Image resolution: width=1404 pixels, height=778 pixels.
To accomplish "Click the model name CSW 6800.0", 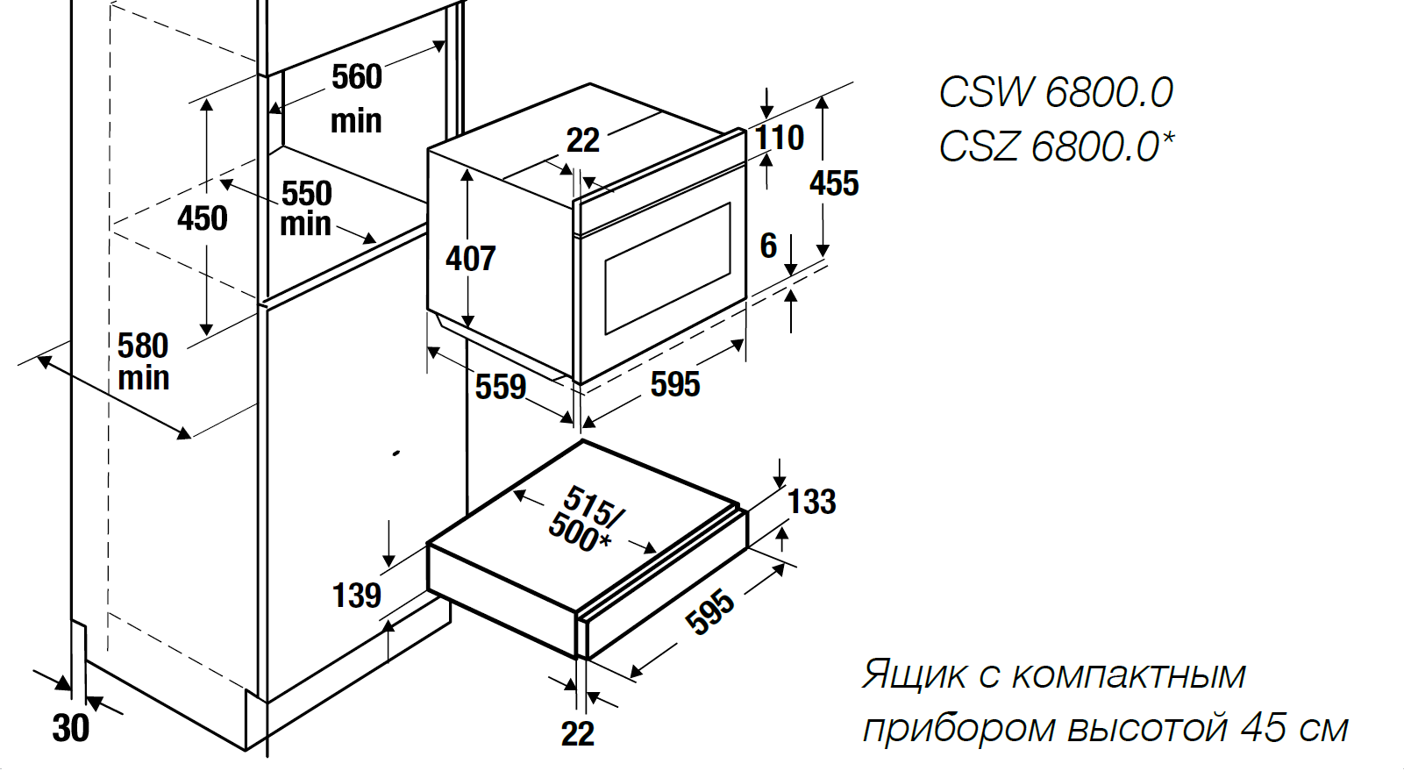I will pos(1055,92).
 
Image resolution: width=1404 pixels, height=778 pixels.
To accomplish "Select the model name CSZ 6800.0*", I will pos(1055,146).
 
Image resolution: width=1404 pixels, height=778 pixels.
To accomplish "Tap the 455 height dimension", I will pos(834,183).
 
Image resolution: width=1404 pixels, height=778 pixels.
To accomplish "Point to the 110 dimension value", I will pos(780,138).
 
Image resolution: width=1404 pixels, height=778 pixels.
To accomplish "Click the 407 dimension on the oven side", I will pos(471,258).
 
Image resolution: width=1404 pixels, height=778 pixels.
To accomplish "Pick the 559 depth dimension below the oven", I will pos(501,387).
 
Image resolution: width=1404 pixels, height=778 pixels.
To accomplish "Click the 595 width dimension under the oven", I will pos(675,384).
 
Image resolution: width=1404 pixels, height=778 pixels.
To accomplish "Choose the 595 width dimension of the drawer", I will pos(709,611).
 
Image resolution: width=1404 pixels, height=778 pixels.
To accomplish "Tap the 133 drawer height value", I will pos(811,502).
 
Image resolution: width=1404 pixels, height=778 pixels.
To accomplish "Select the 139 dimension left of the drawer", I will pos(357,596).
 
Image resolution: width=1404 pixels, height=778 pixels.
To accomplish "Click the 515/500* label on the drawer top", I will pos(585,519).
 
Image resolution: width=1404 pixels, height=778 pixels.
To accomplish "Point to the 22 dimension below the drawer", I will pos(578,734).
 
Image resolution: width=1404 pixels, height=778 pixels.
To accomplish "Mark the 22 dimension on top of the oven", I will pos(583,140).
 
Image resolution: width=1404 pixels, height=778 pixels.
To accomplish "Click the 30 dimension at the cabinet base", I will pos(71,728).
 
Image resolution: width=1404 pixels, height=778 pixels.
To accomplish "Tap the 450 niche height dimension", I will pos(203,218).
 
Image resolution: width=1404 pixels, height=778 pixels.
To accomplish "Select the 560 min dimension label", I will pos(357,97).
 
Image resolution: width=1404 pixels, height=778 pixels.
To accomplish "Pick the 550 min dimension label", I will pos(306,209).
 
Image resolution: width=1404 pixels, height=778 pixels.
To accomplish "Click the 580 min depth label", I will pos(143,361).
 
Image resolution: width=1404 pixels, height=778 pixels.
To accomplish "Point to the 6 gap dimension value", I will pos(768,246).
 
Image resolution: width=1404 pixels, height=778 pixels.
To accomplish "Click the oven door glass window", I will pos(667,268).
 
